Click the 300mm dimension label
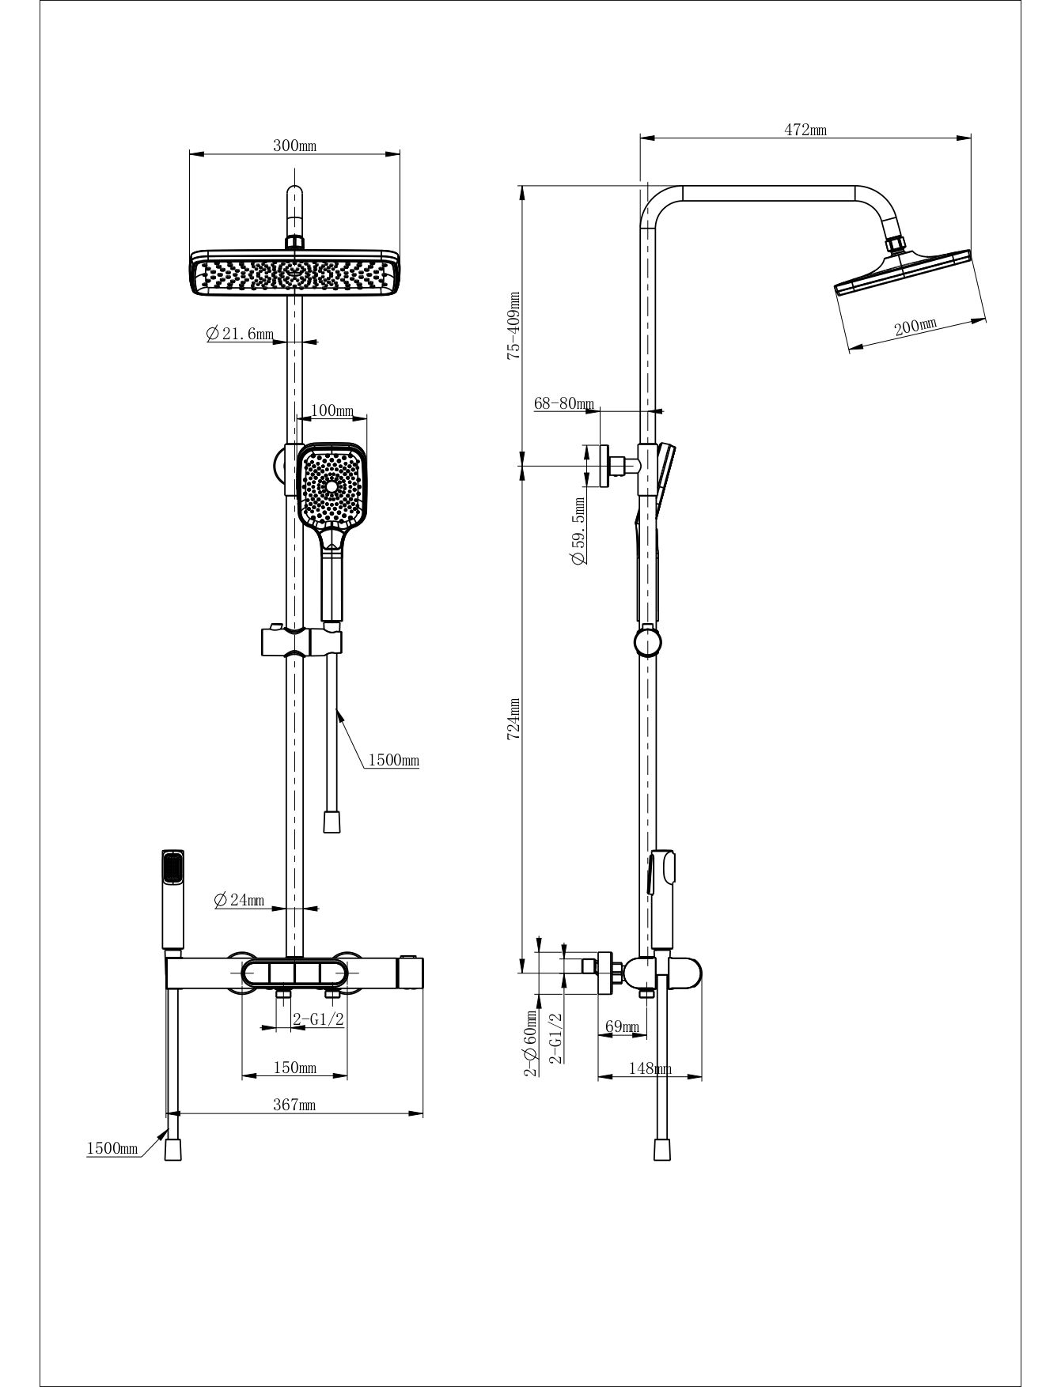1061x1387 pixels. click(x=294, y=146)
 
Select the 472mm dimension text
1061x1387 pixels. click(x=805, y=130)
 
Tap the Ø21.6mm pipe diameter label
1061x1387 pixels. click(x=240, y=334)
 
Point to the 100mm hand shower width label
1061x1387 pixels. click(x=332, y=410)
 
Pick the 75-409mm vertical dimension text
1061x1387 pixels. click(x=514, y=326)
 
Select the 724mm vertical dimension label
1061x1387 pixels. click(x=513, y=719)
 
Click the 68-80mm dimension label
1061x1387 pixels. click(x=564, y=403)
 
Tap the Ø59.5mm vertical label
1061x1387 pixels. click(x=579, y=531)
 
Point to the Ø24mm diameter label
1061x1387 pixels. click(x=239, y=900)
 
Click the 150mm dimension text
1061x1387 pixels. click(x=294, y=1068)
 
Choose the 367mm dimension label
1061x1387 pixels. click(x=294, y=1105)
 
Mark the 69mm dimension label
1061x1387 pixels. click(x=622, y=1026)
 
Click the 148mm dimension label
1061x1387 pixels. click(x=650, y=1068)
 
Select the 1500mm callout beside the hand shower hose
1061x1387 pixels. click(x=393, y=761)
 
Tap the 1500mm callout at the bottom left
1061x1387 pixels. click(x=112, y=1148)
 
